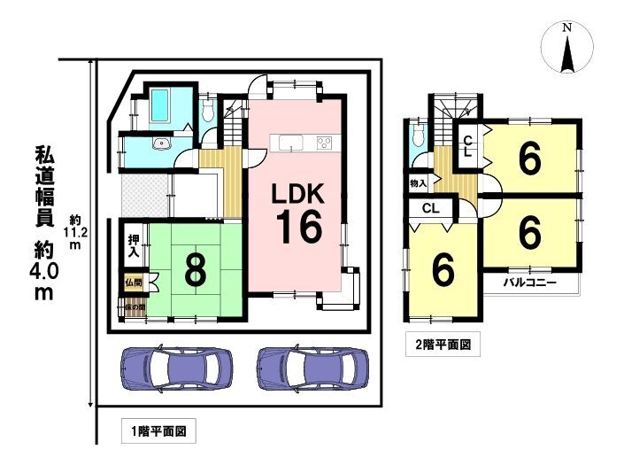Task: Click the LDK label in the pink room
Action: pos(297,194)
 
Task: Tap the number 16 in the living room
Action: pos(299,227)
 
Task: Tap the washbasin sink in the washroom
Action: pos(162,143)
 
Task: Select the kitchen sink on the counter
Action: pos(291,143)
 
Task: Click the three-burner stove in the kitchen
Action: pos(324,143)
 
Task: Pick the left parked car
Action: pos(176,368)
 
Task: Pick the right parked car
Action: pos(312,368)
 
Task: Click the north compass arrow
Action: pos(567,51)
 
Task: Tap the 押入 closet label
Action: pos(133,246)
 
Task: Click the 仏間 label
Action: pos(133,283)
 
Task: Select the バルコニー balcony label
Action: pos(529,283)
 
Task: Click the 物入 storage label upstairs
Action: pos(418,183)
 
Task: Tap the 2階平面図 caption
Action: pos(443,344)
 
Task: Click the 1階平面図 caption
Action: pos(158,430)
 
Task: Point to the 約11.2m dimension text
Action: pos(75,232)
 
